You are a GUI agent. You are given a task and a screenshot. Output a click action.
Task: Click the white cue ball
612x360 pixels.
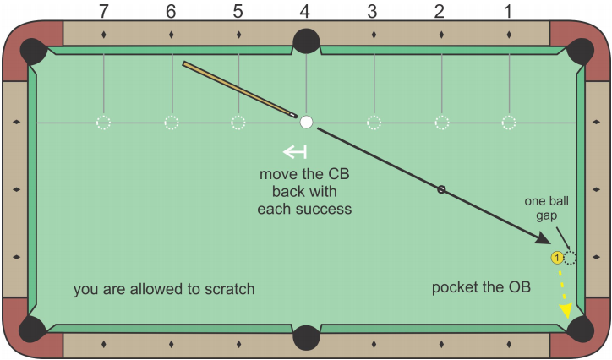tap(306, 123)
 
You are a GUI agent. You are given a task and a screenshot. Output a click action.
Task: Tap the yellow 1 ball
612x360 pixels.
tap(557, 258)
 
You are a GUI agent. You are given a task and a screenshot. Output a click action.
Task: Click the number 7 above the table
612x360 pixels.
tap(103, 11)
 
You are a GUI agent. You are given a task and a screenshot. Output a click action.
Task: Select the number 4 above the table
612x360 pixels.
tap(306, 11)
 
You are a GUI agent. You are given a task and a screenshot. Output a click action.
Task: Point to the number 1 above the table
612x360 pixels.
tap(508, 11)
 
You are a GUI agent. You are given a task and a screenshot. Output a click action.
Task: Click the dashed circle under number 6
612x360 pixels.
tap(171, 123)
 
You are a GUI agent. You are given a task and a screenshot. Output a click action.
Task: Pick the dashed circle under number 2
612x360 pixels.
tap(441, 123)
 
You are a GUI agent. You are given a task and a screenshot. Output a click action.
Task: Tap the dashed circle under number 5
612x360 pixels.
tap(238, 123)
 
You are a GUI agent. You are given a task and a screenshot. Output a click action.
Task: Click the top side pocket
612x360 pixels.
tap(306, 41)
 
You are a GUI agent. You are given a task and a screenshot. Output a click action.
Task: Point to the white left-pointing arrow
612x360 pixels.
tap(295, 152)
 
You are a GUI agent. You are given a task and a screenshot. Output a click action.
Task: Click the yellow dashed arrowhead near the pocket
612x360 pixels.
tap(565, 313)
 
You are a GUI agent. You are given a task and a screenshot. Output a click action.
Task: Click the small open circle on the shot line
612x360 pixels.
tap(441, 189)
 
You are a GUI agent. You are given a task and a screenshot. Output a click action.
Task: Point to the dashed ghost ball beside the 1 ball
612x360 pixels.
tap(570, 258)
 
